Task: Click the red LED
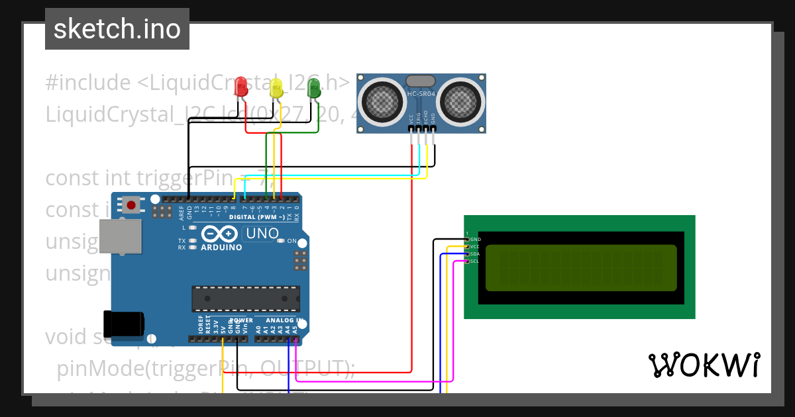pyautogui.click(x=241, y=85)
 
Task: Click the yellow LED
pyautogui.click(x=277, y=87)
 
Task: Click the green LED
pyautogui.click(x=313, y=86)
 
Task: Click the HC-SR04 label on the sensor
pyautogui.click(x=421, y=95)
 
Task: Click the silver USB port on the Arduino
pyautogui.click(x=120, y=236)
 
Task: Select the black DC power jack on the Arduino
pyautogui.click(x=123, y=323)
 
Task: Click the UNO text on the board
pyautogui.click(x=262, y=233)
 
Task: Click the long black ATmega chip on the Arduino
pyautogui.click(x=245, y=299)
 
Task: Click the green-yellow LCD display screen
pyautogui.click(x=581, y=268)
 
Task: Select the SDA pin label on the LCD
pyautogui.click(x=474, y=254)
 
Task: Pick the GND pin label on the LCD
pyautogui.click(x=475, y=239)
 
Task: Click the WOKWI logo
pyautogui.click(x=704, y=365)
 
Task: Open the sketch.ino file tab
pyautogui.click(x=117, y=29)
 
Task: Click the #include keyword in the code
pyautogui.click(x=87, y=83)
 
